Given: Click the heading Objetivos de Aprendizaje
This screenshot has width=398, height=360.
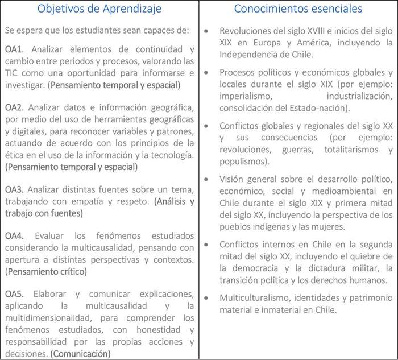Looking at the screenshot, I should tap(99, 9).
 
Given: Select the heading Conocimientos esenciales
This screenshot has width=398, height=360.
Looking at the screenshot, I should tap(298, 9).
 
